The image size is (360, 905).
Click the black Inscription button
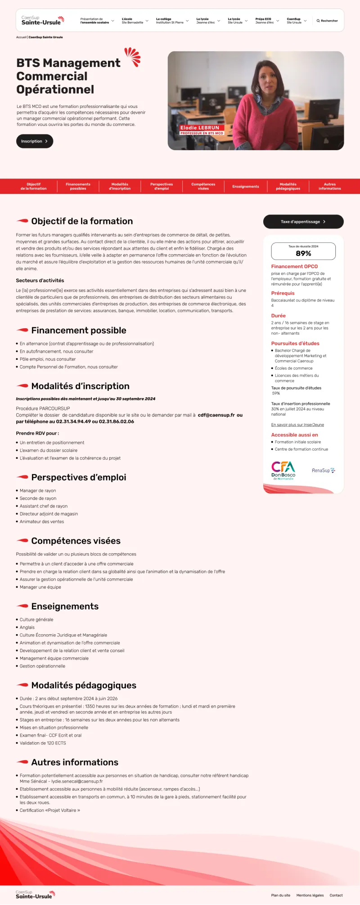click(34, 141)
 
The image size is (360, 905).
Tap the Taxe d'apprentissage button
click(303, 222)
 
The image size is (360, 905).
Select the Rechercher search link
click(327, 21)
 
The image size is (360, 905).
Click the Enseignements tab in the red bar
click(245, 186)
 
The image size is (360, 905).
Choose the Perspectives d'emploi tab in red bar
click(162, 186)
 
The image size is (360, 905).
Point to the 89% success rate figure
click(303, 253)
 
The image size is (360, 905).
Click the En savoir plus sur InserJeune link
click(297, 425)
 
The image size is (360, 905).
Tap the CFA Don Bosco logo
click(283, 470)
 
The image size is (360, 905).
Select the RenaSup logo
click(323, 470)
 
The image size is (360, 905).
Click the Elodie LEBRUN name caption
click(200, 128)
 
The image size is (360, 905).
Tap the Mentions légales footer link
click(310, 895)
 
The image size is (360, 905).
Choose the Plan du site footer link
click(281, 895)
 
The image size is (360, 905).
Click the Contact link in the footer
click(336, 895)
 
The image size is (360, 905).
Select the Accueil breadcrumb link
click(21, 37)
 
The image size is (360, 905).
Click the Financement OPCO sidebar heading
click(294, 266)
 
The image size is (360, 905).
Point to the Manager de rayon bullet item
click(38, 491)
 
